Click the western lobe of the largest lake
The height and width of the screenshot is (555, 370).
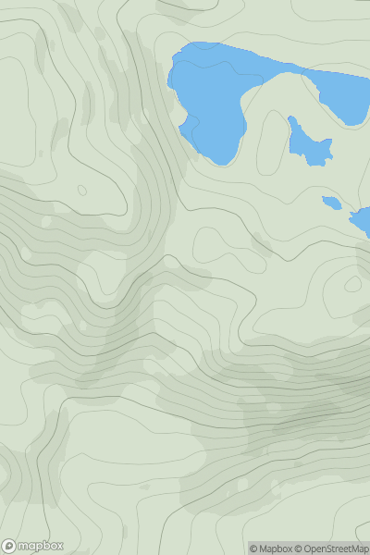(x=208, y=97)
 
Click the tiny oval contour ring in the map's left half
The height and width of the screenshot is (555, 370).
(x=81, y=191)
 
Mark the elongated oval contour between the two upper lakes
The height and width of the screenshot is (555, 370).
(x=270, y=137)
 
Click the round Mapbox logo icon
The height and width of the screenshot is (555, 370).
(x=8, y=546)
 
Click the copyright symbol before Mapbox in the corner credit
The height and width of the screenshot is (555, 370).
(x=253, y=549)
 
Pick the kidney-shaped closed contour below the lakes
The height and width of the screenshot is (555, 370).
(x=222, y=242)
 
